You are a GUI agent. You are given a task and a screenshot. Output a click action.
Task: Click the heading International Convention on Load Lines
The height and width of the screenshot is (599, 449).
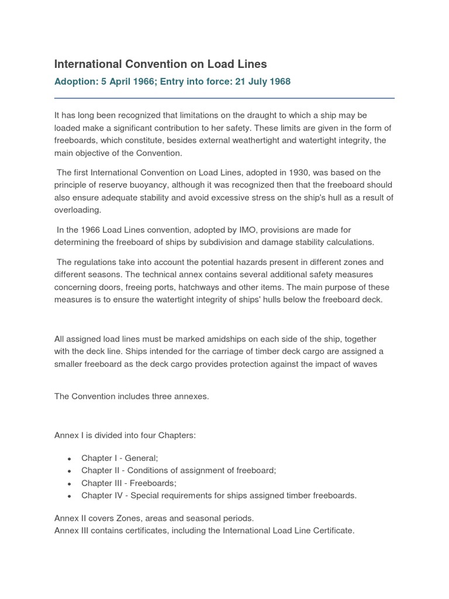[160, 64]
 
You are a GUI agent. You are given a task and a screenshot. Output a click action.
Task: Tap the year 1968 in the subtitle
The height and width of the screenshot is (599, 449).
[279, 81]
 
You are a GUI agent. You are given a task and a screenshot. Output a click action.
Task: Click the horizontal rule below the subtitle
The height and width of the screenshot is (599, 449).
[224, 98]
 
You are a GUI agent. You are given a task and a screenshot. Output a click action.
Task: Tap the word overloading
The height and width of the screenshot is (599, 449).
[78, 210]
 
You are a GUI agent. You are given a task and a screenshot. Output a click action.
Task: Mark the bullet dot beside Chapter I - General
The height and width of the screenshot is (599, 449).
[70, 458]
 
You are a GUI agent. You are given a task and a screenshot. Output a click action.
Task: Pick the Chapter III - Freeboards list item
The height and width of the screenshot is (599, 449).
[129, 483]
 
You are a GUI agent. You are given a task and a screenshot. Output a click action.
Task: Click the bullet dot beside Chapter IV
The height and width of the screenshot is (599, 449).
[70, 496]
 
